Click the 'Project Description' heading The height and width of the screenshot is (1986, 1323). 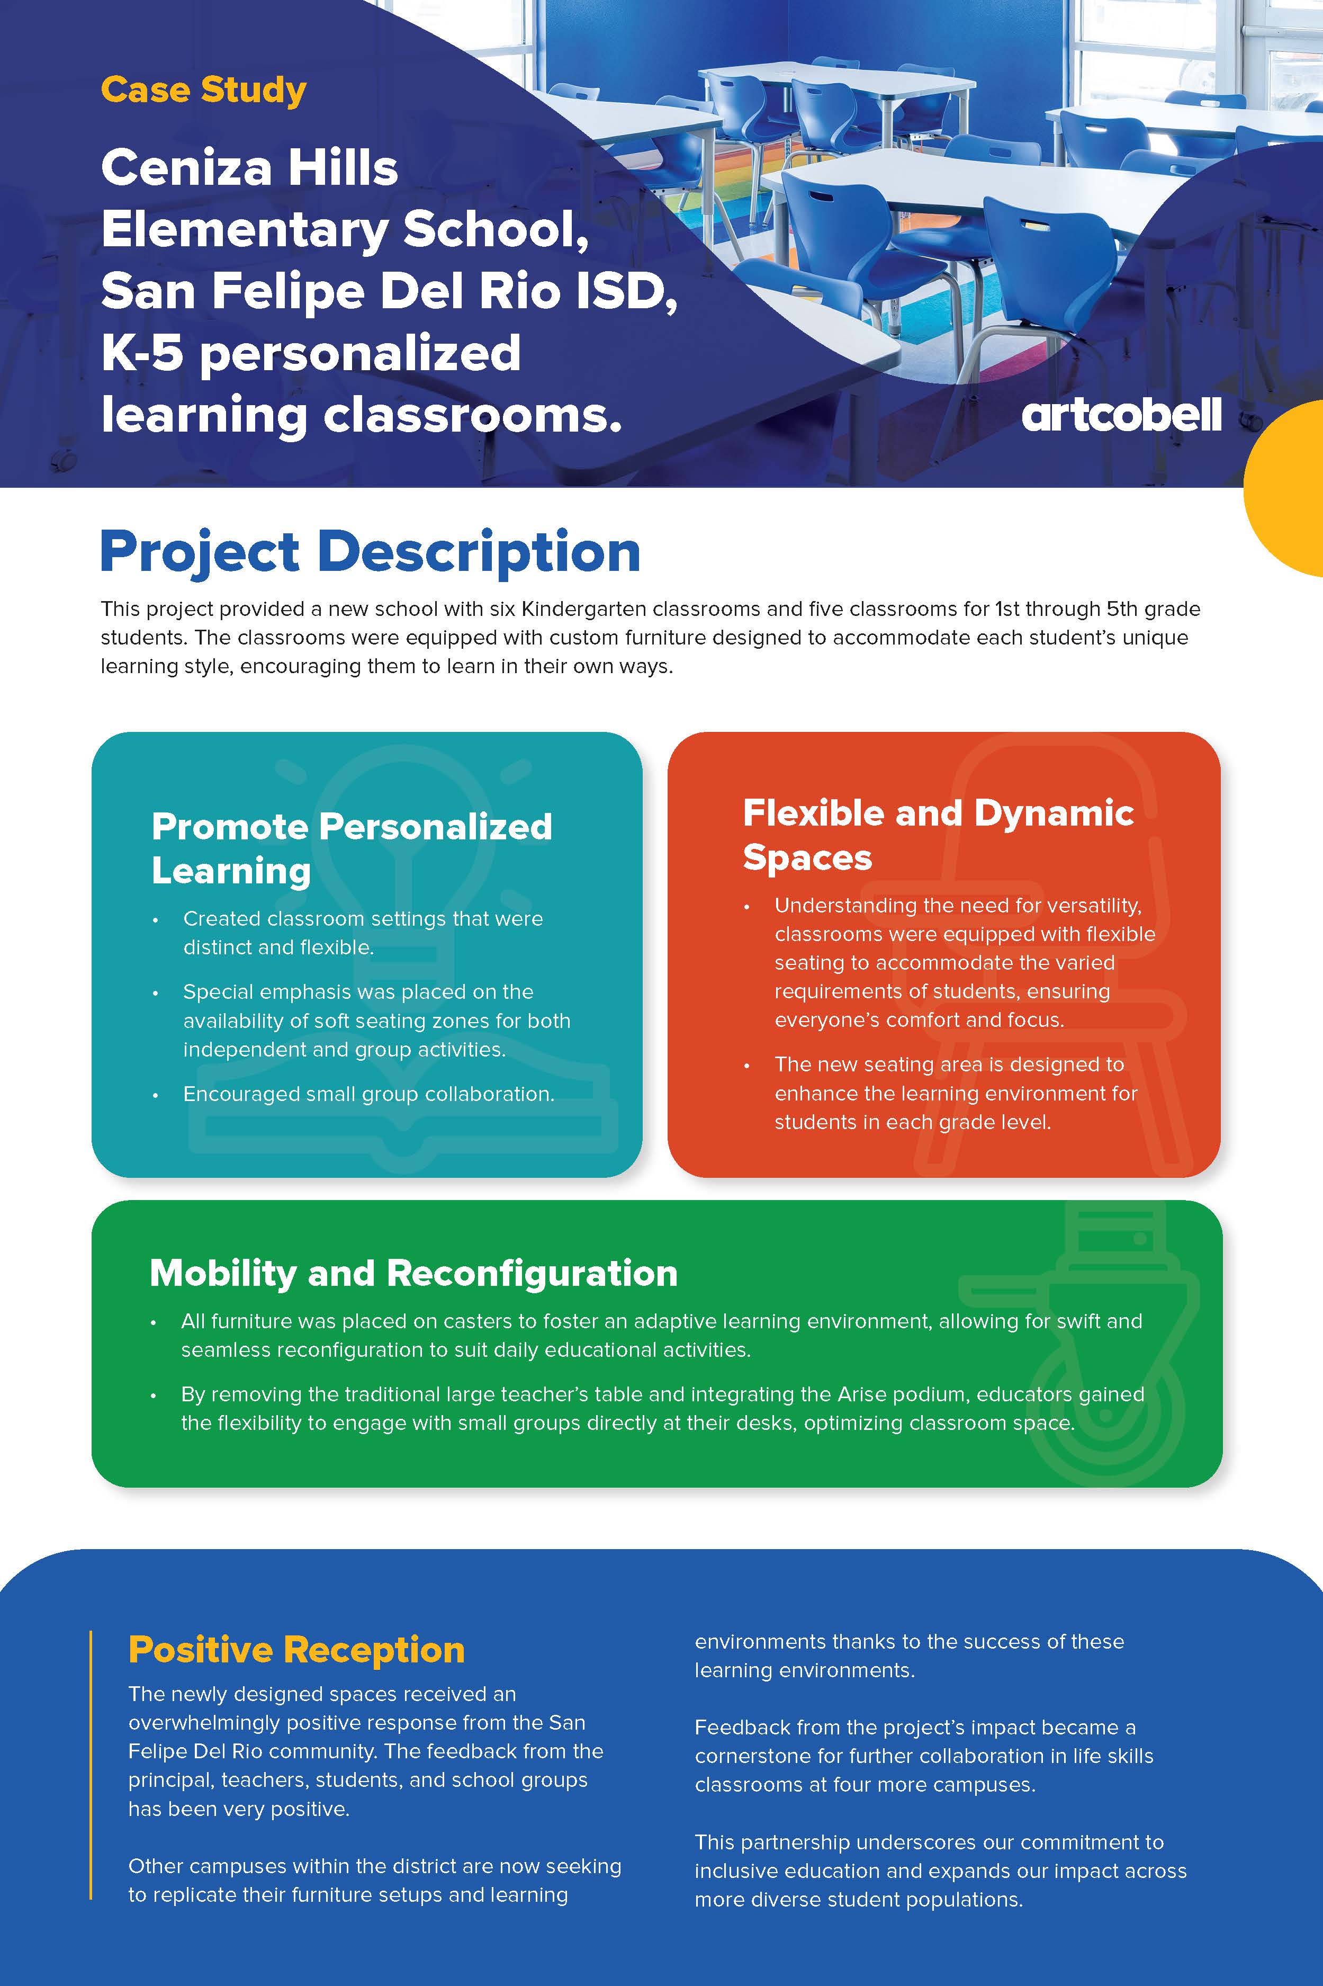click(x=371, y=553)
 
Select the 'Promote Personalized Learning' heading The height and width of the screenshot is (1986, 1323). click(x=352, y=848)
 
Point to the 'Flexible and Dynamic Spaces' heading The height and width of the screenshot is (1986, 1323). click(x=938, y=835)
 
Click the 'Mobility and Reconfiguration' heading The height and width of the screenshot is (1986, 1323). click(x=413, y=1273)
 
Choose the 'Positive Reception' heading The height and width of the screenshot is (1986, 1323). click(x=296, y=1650)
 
